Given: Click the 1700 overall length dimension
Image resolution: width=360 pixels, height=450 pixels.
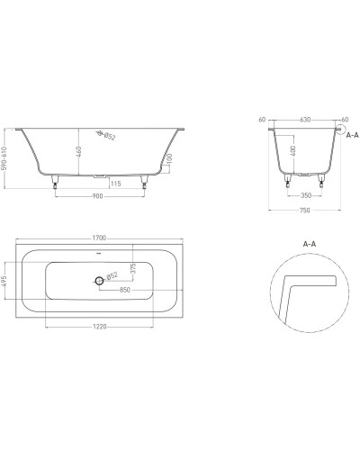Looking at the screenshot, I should (x=100, y=238).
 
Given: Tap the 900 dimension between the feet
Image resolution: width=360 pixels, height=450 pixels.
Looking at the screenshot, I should (x=99, y=198).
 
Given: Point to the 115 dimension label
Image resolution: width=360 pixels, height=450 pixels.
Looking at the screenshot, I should (x=116, y=184).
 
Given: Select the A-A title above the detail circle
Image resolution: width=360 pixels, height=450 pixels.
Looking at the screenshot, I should (x=309, y=243).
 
